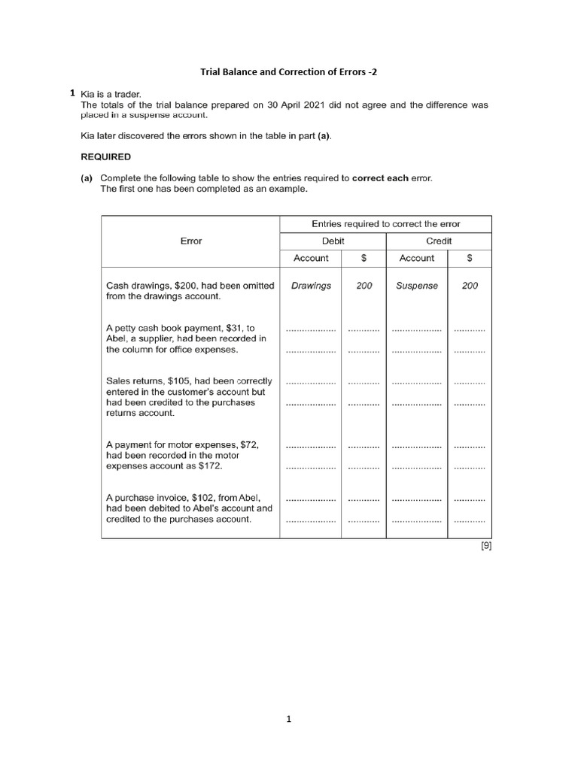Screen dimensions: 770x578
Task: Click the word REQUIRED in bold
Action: (105, 157)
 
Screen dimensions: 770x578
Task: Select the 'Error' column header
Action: (191, 241)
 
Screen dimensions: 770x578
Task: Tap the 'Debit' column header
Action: (333, 241)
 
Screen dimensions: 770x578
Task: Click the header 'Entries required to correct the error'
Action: (385, 224)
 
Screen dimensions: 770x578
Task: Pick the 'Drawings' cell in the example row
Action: (311, 286)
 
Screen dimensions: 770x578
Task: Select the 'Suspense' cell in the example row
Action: (416, 286)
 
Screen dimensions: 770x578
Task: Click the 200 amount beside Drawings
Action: (364, 286)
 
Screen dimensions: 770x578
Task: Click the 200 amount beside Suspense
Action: (470, 286)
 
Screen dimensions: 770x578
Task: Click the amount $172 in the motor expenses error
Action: (211, 466)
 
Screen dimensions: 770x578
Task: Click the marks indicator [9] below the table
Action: (485, 547)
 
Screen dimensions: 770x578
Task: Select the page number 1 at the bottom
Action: (288, 719)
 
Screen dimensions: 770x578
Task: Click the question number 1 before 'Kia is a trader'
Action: (72, 93)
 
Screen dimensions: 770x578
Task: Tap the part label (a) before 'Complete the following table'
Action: (87, 178)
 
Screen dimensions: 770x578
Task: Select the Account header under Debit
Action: (311, 258)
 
